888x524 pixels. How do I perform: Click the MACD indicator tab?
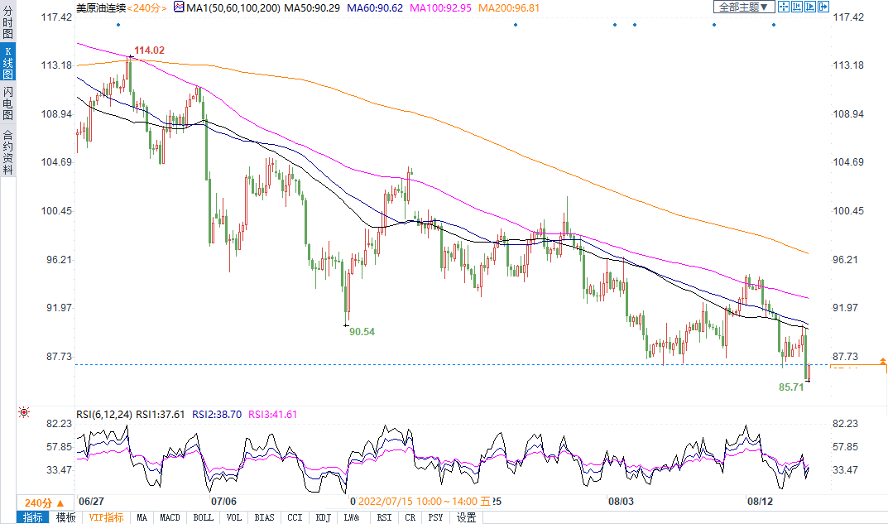coord(170,517)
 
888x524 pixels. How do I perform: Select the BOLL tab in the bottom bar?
coord(203,517)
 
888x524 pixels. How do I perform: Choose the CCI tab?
coord(294,517)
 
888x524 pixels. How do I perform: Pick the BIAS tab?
coord(264,517)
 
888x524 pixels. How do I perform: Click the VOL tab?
coord(234,517)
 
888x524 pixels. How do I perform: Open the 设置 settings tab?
coord(467,517)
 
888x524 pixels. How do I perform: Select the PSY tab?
coord(436,517)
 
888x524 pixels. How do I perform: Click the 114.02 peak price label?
coord(149,50)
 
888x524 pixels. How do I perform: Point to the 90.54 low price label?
coord(362,331)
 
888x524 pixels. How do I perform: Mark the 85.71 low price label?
coord(792,386)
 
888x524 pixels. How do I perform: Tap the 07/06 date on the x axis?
coord(224,501)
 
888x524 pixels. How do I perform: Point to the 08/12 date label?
coord(761,501)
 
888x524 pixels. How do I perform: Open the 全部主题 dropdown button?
coord(743,7)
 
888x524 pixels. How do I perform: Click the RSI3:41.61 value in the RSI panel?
coord(274,414)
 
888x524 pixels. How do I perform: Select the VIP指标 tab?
coord(106,517)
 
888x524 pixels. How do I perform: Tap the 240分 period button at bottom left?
coord(38,502)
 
